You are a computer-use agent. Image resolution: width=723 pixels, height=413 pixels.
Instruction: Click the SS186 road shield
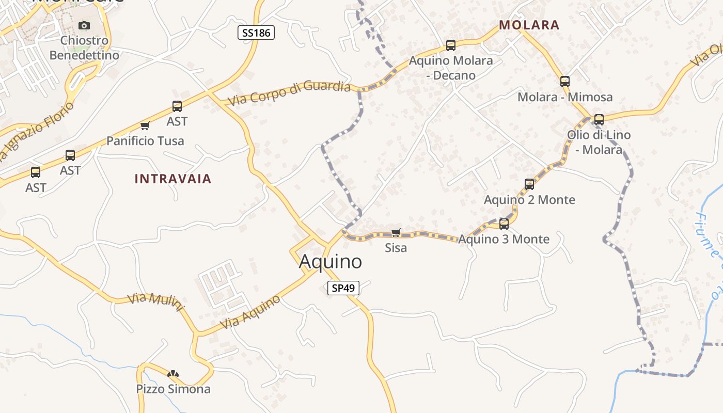point(256,33)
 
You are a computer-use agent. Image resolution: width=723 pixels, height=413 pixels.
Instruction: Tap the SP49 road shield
point(343,288)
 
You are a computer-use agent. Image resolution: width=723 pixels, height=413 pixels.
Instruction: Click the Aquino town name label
point(331,262)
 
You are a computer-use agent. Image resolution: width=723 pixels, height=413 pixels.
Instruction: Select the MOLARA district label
point(529,25)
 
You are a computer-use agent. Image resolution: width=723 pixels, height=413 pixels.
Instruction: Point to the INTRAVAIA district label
point(173,179)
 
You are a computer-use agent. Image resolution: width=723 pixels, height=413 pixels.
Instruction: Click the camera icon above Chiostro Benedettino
point(84,25)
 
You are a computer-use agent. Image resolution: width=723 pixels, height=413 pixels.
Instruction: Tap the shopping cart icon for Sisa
point(396,233)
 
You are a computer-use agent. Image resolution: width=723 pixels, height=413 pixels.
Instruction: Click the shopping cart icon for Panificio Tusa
point(145,125)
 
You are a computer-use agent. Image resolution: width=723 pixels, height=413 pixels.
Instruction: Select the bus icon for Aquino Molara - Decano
point(451,45)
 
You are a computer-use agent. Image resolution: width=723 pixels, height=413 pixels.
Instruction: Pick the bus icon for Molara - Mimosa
point(565,82)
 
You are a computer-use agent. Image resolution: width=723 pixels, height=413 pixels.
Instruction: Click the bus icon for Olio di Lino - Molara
point(599,120)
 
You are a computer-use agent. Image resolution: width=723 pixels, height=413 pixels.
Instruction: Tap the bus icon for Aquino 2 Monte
point(529,184)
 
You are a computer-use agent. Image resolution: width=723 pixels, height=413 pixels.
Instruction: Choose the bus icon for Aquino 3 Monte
point(504,224)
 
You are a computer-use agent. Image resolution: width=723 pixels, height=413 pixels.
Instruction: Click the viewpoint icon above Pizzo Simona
point(173,374)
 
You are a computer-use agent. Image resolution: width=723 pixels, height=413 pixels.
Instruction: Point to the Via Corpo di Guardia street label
point(289,93)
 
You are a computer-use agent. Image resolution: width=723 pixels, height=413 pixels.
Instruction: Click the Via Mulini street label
point(156,303)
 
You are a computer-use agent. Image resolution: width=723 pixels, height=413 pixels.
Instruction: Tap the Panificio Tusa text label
point(145,141)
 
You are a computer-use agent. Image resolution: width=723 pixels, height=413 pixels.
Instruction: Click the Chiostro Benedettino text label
point(84,47)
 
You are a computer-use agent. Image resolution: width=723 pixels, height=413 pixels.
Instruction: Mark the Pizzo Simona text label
point(173,389)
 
